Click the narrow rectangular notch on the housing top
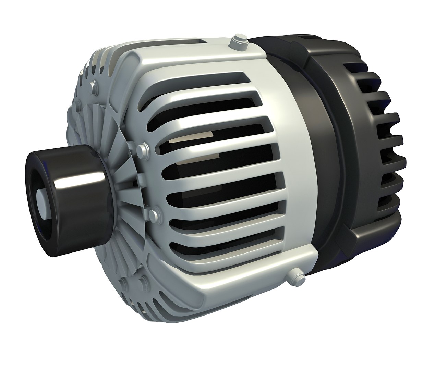click(x=192, y=41)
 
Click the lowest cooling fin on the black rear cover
click(x=387, y=206)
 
